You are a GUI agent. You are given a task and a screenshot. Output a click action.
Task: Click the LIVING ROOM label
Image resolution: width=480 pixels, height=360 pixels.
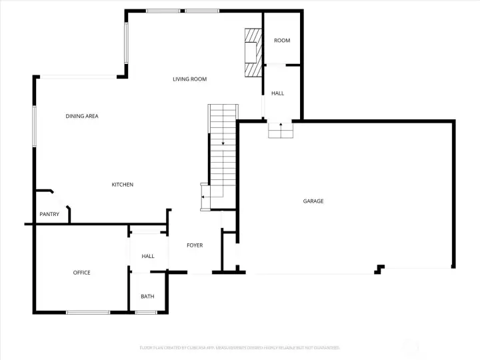(189, 79)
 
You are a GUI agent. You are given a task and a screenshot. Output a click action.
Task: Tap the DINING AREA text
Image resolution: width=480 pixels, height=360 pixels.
(82, 117)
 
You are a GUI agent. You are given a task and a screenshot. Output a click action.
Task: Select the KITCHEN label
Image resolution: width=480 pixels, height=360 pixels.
(122, 185)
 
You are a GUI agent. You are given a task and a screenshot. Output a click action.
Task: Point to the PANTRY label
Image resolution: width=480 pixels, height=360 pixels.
(49, 214)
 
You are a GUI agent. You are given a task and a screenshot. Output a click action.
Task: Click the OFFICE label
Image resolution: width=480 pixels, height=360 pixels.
(81, 273)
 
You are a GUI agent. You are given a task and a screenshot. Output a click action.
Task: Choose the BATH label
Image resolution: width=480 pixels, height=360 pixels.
(147, 297)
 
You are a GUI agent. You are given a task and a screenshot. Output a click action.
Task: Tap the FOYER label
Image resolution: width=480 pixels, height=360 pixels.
(195, 245)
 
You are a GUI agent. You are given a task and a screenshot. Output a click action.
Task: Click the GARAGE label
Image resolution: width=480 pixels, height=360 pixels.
(313, 201)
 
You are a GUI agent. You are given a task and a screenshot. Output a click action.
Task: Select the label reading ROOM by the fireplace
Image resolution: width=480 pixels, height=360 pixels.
(282, 41)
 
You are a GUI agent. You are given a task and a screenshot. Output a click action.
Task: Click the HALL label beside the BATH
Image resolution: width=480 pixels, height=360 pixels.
(148, 256)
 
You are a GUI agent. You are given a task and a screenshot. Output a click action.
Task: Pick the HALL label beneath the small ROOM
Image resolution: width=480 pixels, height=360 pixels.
(277, 93)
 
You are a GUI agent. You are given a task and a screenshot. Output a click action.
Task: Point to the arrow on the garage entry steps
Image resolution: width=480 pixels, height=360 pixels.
(281, 125)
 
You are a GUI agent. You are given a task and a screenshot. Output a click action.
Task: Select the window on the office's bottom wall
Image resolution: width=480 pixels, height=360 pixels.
(87, 312)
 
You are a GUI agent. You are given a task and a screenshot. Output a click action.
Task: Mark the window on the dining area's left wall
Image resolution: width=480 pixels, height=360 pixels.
(34, 125)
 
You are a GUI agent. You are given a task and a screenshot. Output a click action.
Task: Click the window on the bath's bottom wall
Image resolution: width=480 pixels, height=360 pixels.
(147, 312)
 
